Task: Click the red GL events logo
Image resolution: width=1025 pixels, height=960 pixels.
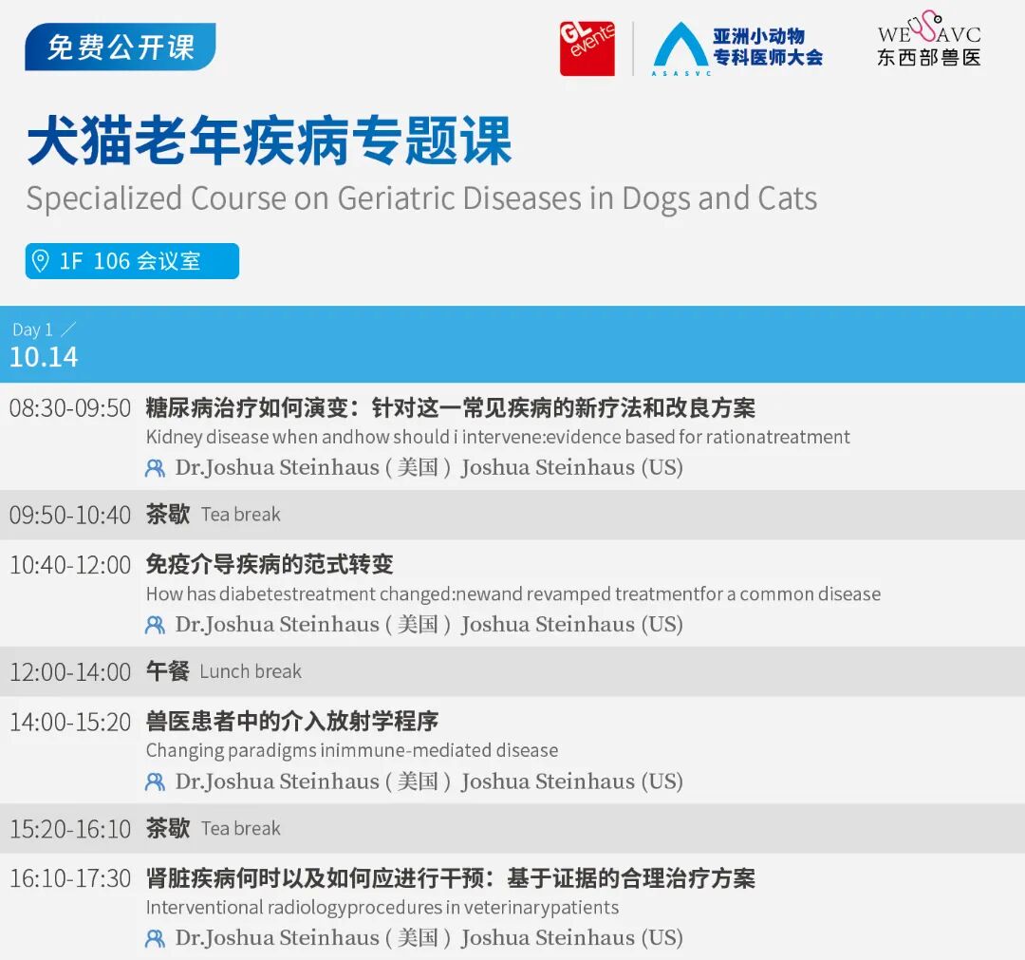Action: click(x=587, y=48)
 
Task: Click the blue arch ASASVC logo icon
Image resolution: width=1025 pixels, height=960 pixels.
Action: click(x=681, y=47)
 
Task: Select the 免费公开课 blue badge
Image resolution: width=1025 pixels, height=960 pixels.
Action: click(x=121, y=47)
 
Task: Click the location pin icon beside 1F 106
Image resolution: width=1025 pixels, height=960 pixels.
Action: click(x=41, y=260)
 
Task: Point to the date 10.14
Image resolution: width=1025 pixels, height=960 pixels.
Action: click(x=44, y=357)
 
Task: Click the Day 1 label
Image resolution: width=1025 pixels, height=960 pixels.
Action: click(x=32, y=329)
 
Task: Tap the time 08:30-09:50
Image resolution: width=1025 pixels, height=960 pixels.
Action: click(x=70, y=408)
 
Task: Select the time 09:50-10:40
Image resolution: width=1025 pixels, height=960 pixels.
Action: click(x=70, y=516)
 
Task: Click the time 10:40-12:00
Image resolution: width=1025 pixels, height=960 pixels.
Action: click(x=70, y=565)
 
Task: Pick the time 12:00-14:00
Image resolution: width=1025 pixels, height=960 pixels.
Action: click(x=70, y=672)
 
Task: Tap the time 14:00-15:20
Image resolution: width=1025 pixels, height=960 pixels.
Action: click(x=70, y=722)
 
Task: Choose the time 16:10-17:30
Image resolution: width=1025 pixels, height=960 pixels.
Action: click(x=70, y=878)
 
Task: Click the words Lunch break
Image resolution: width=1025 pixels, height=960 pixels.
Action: click(x=251, y=671)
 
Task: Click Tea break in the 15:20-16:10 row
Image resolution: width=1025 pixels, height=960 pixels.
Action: click(x=240, y=829)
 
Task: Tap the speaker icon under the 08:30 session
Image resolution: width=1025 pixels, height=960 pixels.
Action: click(x=155, y=468)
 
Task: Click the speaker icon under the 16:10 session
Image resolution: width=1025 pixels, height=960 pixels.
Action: click(x=155, y=939)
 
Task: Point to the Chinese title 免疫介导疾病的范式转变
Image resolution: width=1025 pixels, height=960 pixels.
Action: click(x=270, y=564)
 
